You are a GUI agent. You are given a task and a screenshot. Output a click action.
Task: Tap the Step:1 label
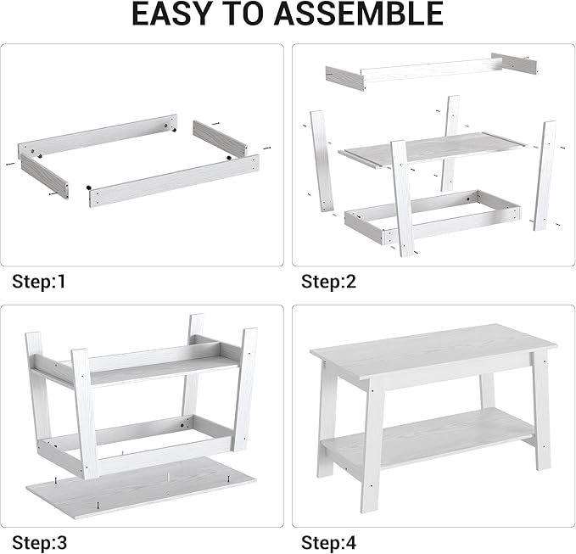tap(39, 282)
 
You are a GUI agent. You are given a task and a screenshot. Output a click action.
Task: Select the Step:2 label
tap(329, 282)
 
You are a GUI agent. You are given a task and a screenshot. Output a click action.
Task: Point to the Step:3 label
tap(39, 541)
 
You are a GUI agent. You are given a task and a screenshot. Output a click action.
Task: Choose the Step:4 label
tap(329, 541)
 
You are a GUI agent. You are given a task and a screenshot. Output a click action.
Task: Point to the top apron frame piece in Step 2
tap(428, 70)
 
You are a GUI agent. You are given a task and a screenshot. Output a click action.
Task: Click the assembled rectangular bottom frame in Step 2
tap(433, 214)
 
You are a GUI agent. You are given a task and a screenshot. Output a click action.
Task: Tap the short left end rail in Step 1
tap(43, 176)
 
